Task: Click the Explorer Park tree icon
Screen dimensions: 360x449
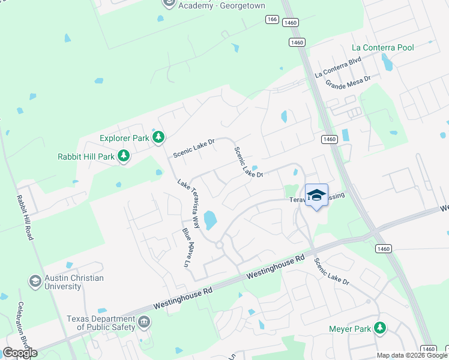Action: [158, 138]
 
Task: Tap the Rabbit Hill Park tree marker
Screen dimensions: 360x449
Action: [124, 157]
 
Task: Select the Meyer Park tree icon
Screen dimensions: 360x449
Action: [379, 328]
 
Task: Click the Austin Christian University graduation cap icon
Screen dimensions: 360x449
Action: [35, 281]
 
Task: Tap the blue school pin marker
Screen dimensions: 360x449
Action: [316, 196]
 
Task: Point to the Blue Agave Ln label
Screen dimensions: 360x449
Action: [188, 247]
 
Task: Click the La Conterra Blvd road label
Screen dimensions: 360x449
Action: [338, 67]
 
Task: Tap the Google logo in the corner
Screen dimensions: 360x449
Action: [20, 353]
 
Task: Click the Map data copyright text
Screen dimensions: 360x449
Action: [412, 355]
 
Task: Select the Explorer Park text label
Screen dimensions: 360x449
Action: [124, 138]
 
